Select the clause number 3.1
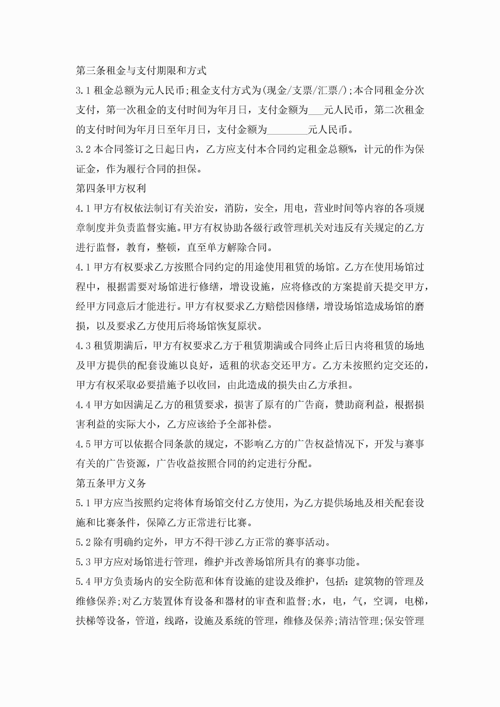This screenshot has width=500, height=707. tap(83, 90)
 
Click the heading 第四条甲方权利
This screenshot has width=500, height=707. tap(111, 188)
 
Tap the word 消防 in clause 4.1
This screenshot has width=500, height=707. tap(234, 208)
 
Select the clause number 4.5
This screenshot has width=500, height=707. tap(83, 444)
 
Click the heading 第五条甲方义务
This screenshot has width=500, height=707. tap(111, 483)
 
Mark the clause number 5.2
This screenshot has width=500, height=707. tap(83, 542)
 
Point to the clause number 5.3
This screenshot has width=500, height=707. tap(83, 562)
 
